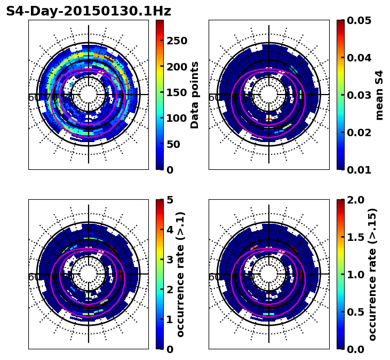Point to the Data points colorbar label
(195, 95)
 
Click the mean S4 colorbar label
(379, 95)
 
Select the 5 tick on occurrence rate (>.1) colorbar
(170, 200)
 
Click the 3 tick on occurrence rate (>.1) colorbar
(170, 260)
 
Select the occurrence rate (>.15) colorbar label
(372, 274)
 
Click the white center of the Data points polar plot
(89, 95)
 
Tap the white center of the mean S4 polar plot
(269, 95)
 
